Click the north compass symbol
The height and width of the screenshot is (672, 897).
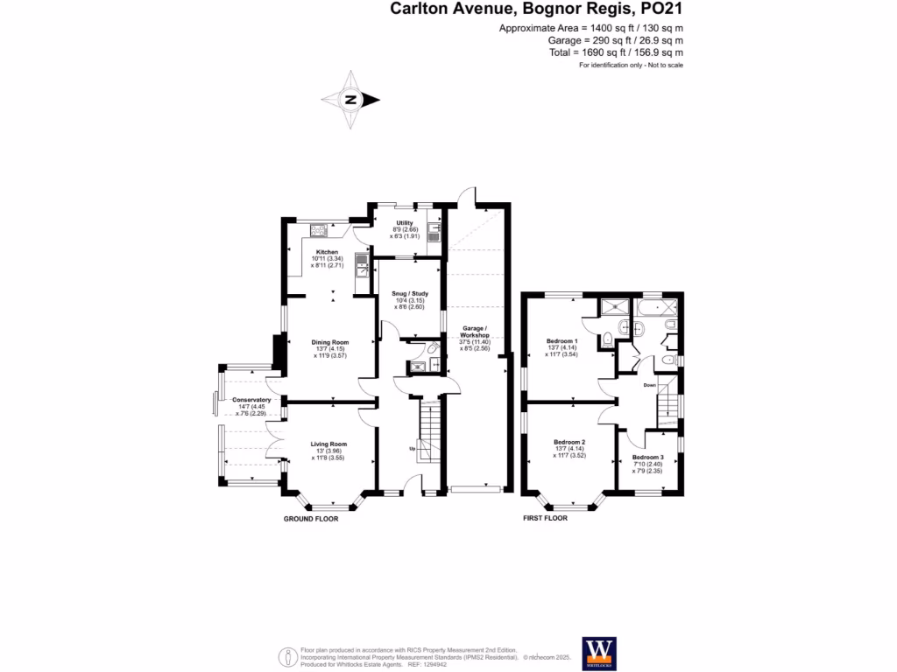[350, 100]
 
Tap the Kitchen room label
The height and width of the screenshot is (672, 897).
[327, 252]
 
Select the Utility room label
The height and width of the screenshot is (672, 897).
[405, 223]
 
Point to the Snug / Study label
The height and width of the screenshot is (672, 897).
[405, 294]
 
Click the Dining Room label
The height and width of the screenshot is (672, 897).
[330, 342]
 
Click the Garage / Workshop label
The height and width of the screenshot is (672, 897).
[475, 330]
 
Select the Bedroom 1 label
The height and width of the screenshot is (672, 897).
[562, 341]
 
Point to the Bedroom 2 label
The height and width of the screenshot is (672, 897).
[569, 443]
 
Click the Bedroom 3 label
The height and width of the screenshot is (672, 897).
[648, 458]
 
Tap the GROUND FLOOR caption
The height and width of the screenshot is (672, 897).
[310, 519]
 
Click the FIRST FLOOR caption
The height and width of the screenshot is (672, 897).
[545, 519]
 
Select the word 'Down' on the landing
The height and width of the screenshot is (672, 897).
[649, 385]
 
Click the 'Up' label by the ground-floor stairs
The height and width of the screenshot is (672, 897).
[413, 450]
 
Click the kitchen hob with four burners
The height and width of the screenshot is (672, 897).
[319, 231]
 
